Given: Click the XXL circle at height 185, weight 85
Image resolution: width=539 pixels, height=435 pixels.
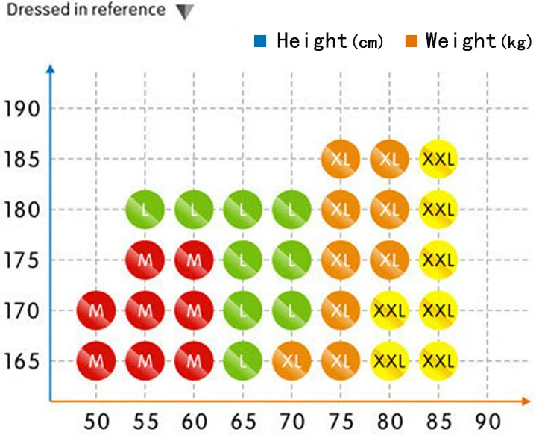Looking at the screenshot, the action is click(438, 159).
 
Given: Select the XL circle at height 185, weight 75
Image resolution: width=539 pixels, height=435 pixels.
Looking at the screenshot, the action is click(341, 159).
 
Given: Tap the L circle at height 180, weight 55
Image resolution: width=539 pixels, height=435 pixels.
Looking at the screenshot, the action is click(145, 209).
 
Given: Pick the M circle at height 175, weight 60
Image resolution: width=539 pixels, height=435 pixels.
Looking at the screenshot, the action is click(194, 260).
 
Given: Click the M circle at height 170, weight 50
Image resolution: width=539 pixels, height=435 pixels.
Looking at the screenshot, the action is click(96, 310).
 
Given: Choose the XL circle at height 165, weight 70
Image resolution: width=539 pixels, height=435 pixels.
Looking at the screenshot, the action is click(291, 360).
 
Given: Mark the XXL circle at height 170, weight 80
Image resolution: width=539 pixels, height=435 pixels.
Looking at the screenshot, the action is click(389, 310).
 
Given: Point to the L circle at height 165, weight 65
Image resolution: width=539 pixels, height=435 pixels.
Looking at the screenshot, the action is click(243, 360).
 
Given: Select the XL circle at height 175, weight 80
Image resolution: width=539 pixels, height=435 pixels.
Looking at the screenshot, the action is click(389, 260).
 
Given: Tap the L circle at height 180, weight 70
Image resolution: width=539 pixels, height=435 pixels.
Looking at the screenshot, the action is click(291, 209).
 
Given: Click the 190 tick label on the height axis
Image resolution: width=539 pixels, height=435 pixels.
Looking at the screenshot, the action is click(22, 109).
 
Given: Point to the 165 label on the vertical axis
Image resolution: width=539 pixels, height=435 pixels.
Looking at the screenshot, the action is click(22, 361).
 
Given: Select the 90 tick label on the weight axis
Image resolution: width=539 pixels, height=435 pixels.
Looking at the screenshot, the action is click(488, 421).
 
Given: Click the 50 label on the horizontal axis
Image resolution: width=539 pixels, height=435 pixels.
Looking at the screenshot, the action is click(97, 421).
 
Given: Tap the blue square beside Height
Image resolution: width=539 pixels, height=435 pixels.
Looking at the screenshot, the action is click(260, 40).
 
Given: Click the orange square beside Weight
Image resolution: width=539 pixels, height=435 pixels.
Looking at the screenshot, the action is click(411, 40).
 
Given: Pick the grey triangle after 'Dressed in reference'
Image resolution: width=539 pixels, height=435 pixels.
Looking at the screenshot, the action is click(185, 12).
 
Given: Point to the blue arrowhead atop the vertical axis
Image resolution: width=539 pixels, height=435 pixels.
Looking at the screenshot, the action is click(51, 69).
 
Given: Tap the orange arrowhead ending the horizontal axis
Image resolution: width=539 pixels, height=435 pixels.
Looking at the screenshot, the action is click(526, 401).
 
